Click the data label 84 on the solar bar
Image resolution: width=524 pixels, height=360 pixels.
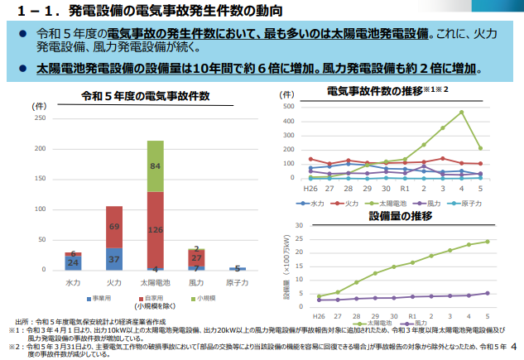155,166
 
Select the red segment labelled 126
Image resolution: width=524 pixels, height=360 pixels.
155,229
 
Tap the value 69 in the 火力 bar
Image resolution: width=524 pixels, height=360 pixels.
114,227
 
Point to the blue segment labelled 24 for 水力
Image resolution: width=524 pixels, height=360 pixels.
73,262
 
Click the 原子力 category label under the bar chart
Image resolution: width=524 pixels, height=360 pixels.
237,282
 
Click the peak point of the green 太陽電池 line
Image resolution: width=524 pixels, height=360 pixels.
461,112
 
